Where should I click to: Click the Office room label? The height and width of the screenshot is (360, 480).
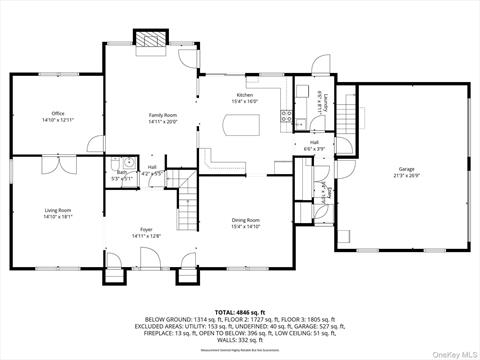click(x=58, y=114)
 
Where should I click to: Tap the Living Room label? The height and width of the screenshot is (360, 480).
click(x=58, y=210)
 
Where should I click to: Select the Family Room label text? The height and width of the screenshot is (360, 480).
click(x=163, y=116)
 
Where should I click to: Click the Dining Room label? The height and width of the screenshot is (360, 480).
click(x=246, y=219)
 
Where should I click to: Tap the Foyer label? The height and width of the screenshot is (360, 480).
click(x=146, y=229)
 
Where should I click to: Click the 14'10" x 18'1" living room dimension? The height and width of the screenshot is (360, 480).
click(x=58, y=216)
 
